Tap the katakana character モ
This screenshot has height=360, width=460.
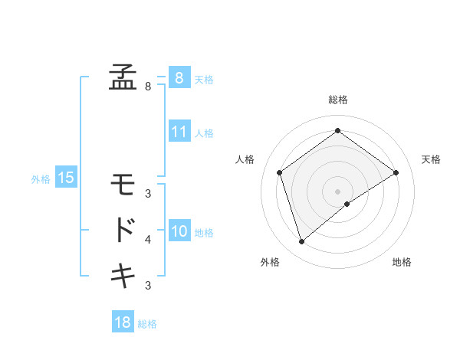[x=123, y=185]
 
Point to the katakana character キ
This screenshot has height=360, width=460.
[x=123, y=274]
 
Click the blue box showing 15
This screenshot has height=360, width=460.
[x=66, y=178]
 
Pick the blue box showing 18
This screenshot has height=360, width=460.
[x=123, y=322]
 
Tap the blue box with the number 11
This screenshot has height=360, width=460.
[x=179, y=132]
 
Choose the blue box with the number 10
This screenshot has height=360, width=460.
[x=179, y=231]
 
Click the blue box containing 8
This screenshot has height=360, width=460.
[x=179, y=78]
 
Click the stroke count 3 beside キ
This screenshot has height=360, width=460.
[x=148, y=286]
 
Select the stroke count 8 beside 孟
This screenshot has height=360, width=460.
[x=148, y=87]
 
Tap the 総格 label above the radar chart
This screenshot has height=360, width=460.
[x=338, y=100]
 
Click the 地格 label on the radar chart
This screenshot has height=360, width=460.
[x=402, y=262]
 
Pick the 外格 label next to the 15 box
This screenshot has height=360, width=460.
[x=41, y=179]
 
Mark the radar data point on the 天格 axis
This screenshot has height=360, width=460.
[x=396, y=172]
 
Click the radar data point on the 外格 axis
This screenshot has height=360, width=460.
[x=301, y=242]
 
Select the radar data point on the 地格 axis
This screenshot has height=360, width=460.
[x=347, y=204]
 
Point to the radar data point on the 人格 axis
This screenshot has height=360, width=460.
[x=279, y=172]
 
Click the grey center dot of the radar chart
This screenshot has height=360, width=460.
[x=338, y=191]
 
